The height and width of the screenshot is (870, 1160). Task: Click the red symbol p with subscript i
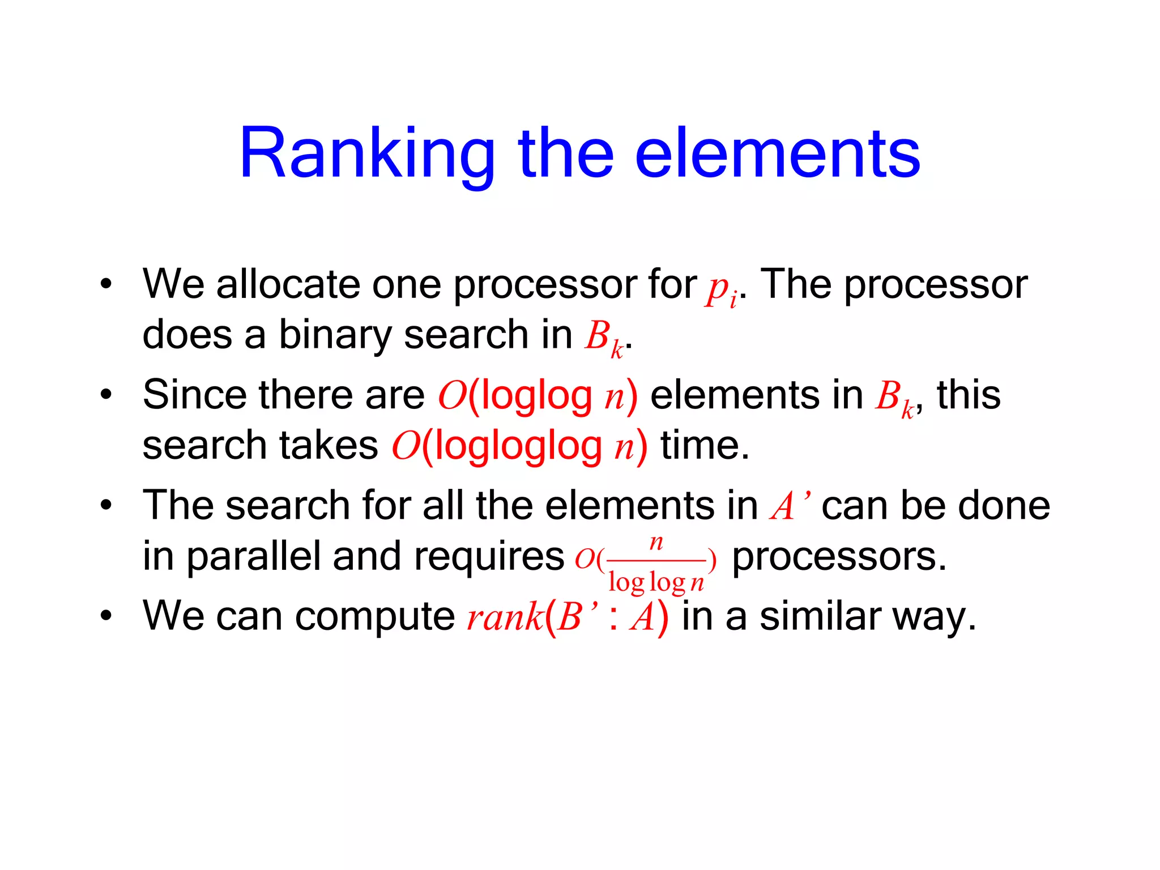point(721,289)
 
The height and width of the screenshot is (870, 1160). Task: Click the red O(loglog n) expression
point(537,395)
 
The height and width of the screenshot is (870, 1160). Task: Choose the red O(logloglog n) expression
point(519,446)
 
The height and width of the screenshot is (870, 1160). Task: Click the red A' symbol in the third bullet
point(788,505)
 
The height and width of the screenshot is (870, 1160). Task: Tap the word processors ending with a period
point(839,557)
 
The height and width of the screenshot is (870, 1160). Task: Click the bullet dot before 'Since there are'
point(106,395)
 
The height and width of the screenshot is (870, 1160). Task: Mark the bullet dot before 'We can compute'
point(106,616)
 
